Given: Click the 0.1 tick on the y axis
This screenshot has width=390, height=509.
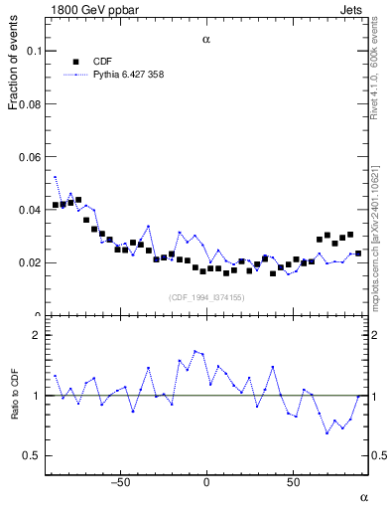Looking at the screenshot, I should [x=32, y=50].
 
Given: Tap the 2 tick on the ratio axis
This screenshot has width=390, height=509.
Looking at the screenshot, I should [x=36, y=335].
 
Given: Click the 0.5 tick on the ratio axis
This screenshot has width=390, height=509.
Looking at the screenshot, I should [x=32, y=455].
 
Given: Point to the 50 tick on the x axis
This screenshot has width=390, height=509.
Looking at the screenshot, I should [x=293, y=483].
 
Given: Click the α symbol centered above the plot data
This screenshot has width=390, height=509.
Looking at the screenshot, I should [x=206, y=41].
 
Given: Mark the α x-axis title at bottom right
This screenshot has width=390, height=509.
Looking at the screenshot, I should [x=363, y=496].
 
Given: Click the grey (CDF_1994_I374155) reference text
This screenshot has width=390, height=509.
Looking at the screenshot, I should [x=205, y=297].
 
